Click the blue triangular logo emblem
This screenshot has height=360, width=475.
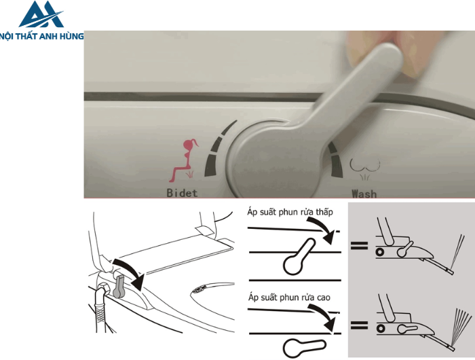pyautogui.click(x=41, y=14)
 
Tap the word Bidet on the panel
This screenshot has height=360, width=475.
pyautogui.click(x=182, y=193)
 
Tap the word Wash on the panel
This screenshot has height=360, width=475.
pyautogui.click(x=364, y=194)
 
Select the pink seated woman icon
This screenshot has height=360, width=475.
pyautogui.click(x=183, y=160)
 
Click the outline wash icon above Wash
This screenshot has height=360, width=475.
pyautogui.click(x=365, y=168)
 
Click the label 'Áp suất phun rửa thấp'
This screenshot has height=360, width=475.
pyautogui.click(x=290, y=212)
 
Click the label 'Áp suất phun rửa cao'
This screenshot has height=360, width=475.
pyautogui.click(x=289, y=298)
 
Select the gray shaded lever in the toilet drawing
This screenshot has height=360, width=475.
pyautogui.click(x=119, y=286)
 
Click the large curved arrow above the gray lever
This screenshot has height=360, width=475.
pyautogui.click(x=131, y=271)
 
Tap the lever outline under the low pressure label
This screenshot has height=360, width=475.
pyautogui.click(x=299, y=257)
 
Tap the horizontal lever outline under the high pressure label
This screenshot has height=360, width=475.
pyautogui.click(x=305, y=347)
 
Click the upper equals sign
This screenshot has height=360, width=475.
pyautogui.click(x=359, y=245)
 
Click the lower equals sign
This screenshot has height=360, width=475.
pyautogui.click(x=359, y=325)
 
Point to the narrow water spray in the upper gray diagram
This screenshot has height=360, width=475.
pyautogui.click(x=457, y=251)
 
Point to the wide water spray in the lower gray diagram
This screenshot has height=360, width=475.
pyautogui.click(x=461, y=327)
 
